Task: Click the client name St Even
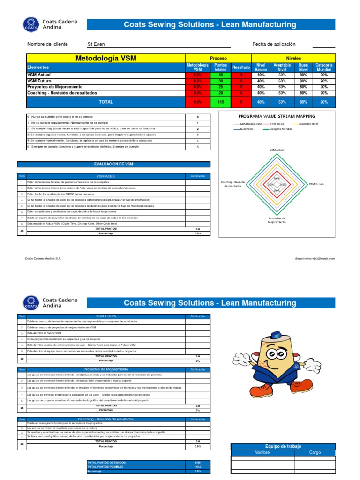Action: point(96,45)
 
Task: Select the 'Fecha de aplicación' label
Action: point(274,44)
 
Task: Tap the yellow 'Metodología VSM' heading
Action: point(106,58)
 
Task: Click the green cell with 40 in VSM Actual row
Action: point(220,75)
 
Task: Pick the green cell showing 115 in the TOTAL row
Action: point(220,102)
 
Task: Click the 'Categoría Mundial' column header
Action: point(324,67)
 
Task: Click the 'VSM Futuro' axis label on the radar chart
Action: point(316,184)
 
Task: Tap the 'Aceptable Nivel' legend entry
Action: point(308,124)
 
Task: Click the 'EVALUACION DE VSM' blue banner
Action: point(114,165)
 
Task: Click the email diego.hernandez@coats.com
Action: point(315,258)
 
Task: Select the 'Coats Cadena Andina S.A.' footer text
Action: point(43,258)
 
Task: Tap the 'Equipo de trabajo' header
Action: point(283,446)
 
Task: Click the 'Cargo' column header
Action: point(315,453)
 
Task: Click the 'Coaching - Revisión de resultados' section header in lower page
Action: point(105,419)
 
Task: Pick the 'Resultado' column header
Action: point(241,67)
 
